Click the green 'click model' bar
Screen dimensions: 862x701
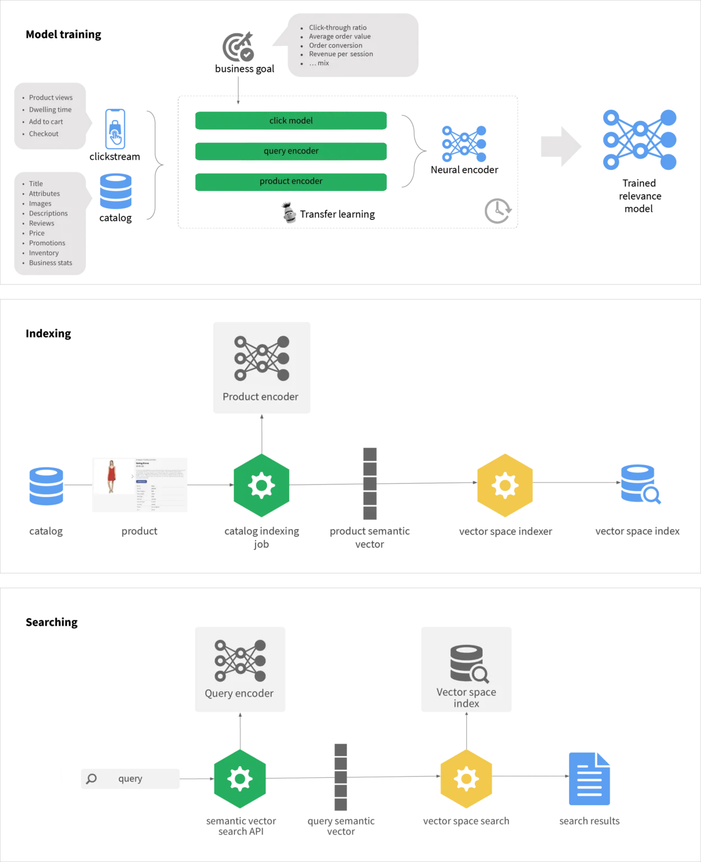(291, 121)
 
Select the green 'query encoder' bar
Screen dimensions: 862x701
(291, 151)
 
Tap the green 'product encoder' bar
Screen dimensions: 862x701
(291, 181)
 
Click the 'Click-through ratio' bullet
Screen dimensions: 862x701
(337, 27)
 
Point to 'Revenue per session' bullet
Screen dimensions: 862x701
(341, 54)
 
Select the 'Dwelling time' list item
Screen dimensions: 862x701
(50, 109)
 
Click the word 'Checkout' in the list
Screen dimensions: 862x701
(44, 134)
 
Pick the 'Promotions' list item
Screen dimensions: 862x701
(47, 243)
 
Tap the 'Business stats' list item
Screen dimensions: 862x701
(51, 263)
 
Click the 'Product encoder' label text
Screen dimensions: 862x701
(260, 397)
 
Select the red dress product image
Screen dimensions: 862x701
(112, 484)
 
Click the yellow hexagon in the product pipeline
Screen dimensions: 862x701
(505, 485)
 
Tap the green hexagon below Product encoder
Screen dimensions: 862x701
(262, 485)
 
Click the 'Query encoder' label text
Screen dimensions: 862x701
(239, 694)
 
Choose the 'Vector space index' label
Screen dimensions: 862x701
(466, 698)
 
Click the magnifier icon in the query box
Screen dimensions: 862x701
(91, 779)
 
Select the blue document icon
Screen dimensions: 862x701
(589, 778)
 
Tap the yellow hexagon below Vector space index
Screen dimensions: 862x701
(466, 779)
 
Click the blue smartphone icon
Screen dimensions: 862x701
(114, 130)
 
